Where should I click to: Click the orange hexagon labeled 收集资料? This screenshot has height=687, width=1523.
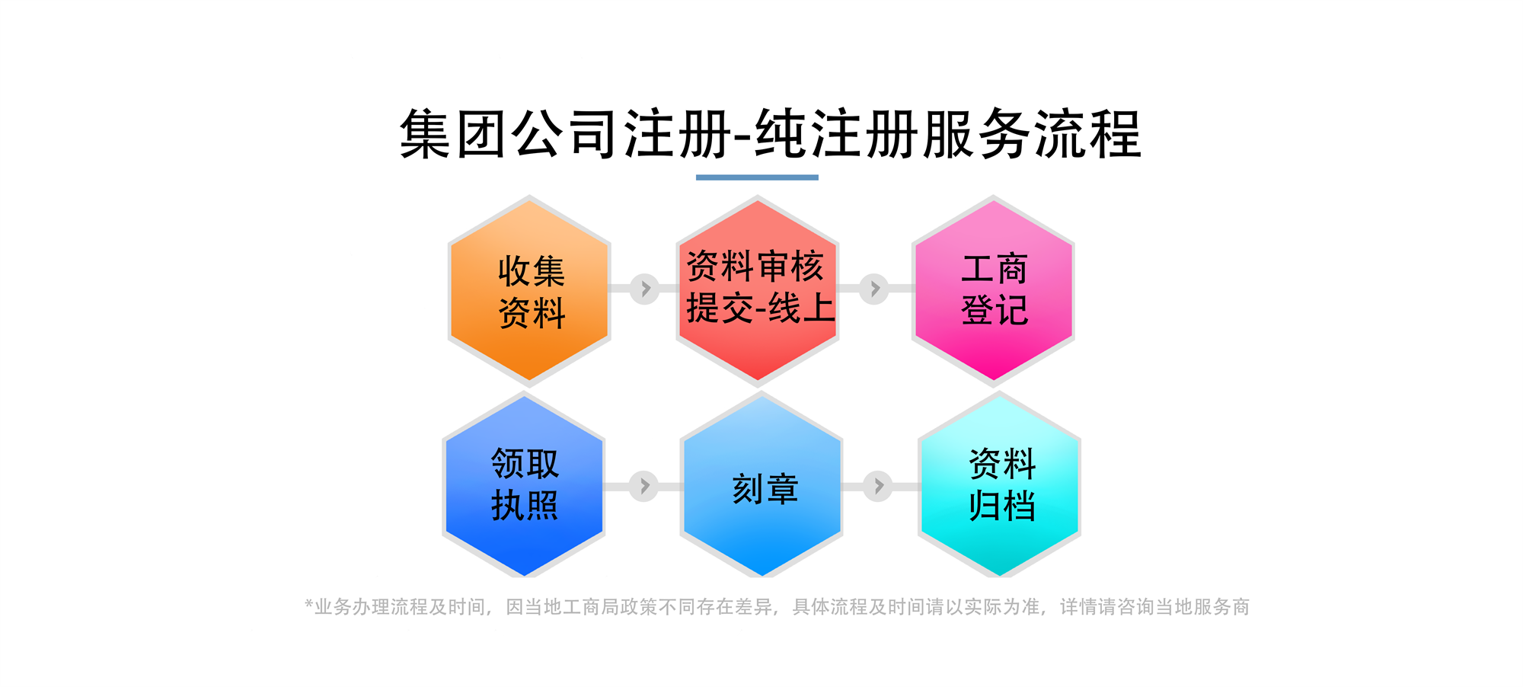[529, 290]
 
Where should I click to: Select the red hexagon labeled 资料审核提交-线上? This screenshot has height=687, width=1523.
[758, 290]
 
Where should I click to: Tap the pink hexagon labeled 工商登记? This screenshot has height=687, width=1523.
[993, 290]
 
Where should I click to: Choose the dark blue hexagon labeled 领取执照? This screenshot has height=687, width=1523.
[524, 486]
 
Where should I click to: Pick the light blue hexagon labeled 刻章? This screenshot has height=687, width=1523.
[761, 486]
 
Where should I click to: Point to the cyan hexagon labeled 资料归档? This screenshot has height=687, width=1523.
[1000, 486]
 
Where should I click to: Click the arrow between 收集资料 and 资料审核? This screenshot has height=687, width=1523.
[645, 289]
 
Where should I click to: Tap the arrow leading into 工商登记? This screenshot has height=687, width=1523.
[874, 289]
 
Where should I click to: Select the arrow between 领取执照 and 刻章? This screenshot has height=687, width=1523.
[643, 485]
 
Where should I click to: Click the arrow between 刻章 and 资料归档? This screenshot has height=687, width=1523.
[878, 485]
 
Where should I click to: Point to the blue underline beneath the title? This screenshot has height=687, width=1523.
[757, 177]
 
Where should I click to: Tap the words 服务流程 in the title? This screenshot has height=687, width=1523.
[1032, 134]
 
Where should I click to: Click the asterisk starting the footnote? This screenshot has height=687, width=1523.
[308, 604]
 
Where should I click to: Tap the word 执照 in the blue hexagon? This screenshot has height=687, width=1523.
[525, 506]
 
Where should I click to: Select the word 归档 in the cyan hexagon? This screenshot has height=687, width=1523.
[1002, 506]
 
